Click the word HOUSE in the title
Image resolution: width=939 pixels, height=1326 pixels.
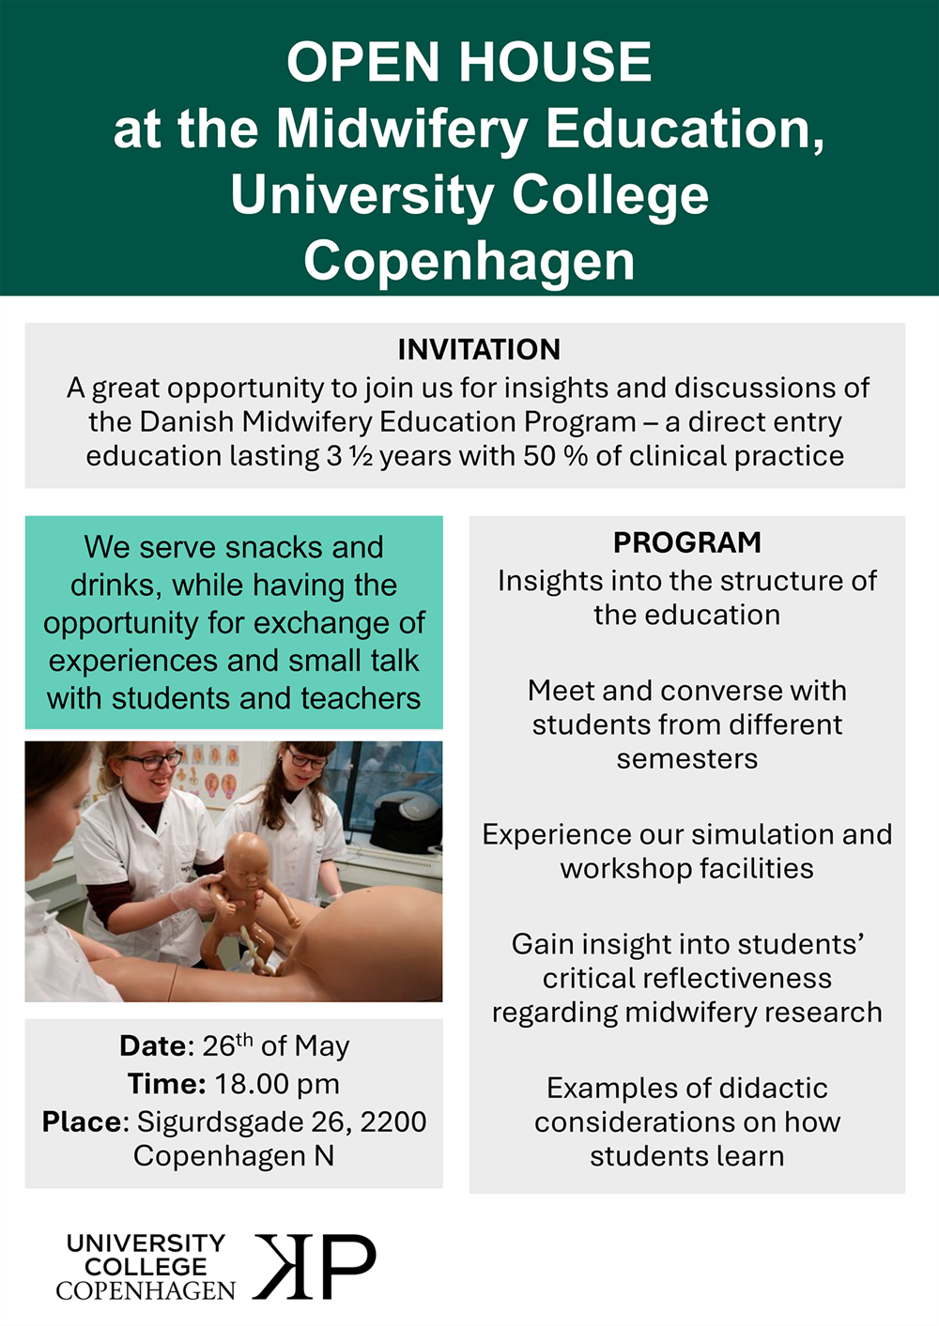click(x=555, y=62)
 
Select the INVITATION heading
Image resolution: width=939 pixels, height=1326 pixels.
click(x=479, y=349)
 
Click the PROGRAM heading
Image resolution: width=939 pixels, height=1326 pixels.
click(x=686, y=542)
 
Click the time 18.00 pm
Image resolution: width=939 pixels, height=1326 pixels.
click(x=277, y=1084)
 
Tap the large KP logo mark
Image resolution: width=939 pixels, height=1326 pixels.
click(x=315, y=1267)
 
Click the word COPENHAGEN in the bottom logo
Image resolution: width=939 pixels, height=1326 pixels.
click(x=146, y=1291)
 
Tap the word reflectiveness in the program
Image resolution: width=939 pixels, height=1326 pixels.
click(x=686, y=978)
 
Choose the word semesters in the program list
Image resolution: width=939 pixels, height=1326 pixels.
click(x=686, y=758)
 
